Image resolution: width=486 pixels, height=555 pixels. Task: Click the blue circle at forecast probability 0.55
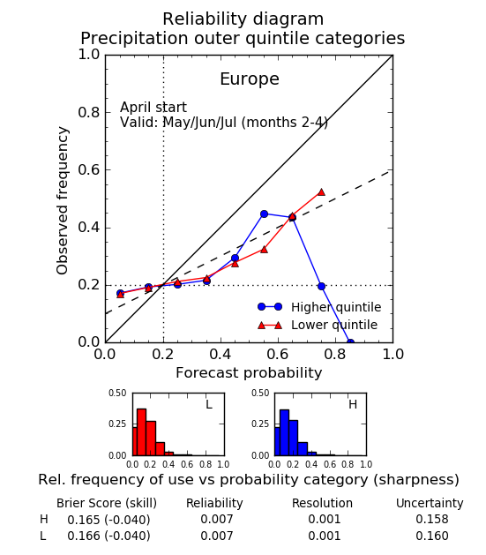tap(264, 214)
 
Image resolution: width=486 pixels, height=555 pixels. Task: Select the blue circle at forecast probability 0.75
tap(321, 287)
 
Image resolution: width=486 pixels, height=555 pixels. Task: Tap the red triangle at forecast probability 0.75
tap(321, 192)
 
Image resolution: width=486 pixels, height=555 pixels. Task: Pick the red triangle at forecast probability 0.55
tap(264, 250)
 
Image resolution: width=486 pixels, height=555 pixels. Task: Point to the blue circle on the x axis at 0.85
tap(350, 342)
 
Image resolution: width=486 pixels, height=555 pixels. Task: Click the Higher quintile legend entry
tap(319, 307)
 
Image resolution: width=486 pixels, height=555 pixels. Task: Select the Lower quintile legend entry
tap(318, 325)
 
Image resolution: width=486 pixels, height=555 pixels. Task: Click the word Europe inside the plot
tap(250, 79)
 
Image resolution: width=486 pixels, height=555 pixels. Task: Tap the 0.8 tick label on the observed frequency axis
tap(89, 112)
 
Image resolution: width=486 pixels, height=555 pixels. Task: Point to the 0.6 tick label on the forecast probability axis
tap(278, 354)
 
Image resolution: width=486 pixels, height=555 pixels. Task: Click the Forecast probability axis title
tap(249, 373)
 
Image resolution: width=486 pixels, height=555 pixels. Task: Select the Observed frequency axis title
tap(62, 200)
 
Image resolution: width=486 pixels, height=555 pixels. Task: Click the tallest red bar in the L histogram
tap(141, 432)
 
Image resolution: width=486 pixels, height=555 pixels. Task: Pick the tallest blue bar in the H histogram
tap(284, 432)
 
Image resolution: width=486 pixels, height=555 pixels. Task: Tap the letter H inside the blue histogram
tap(353, 404)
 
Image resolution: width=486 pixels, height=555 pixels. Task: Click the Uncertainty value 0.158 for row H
tap(432, 519)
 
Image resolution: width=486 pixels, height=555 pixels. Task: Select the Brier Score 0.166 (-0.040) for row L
tap(108, 536)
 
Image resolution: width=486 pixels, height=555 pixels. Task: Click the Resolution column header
tap(322, 503)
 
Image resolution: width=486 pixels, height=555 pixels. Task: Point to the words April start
tap(153, 108)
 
